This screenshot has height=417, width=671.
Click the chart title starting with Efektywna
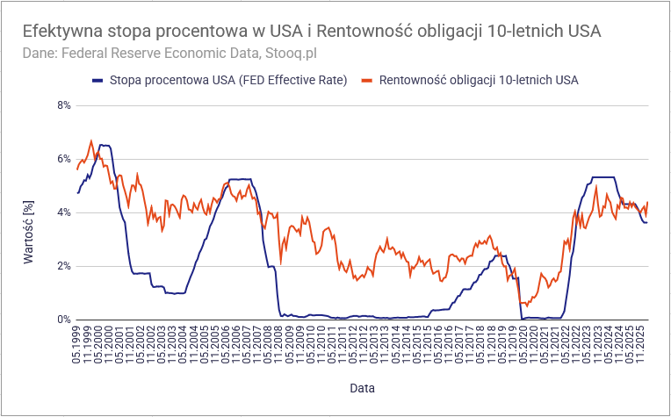point(312,31)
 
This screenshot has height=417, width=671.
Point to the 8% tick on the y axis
point(63,105)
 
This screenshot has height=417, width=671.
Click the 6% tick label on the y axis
point(63,159)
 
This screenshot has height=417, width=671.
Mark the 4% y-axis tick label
point(63,212)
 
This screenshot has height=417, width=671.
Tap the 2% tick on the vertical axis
point(63,266)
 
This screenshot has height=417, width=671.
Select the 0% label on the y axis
point(63,320)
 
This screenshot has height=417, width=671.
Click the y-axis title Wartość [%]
point(29,232)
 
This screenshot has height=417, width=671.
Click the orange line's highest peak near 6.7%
point(91,140)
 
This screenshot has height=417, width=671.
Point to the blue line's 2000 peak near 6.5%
point(105,145)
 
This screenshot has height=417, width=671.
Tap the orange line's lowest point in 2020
point(523,304)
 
